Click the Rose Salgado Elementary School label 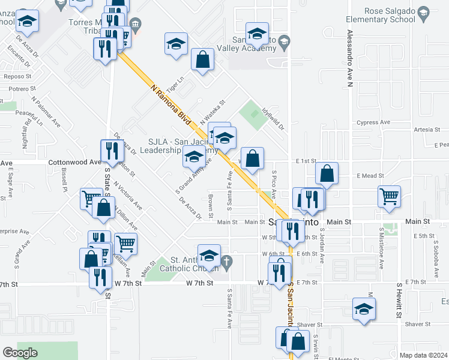(x=390, y=15)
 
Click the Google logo (x=20, y=353)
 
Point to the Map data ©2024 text (x=423, y=355)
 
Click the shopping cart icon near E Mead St (x=389, y=195)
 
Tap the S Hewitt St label (x=397, y=301)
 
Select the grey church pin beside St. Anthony (x=226, y=261)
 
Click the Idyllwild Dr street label (x=273, y=119)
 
